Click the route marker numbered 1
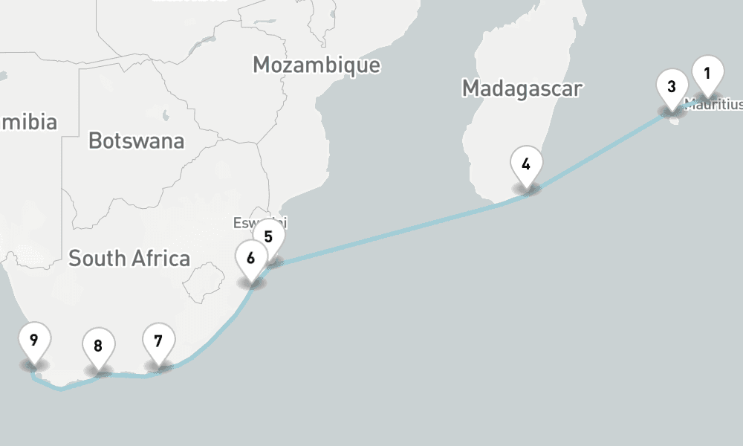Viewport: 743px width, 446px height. (707, 74)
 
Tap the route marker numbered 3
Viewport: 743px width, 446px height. (672, 87)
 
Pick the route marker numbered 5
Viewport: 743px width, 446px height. (269, 236)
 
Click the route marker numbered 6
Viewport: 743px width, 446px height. (251, 258)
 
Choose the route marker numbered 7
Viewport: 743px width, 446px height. (158, 341)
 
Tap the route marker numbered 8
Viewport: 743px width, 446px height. (98, 346)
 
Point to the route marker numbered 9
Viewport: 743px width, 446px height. (34, 340)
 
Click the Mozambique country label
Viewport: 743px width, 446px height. (316, 65)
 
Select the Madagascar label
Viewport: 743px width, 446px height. (522, 88)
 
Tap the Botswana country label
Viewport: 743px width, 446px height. (136, 140)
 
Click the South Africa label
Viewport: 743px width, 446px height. (129, 259)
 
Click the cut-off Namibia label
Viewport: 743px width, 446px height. (28, 122)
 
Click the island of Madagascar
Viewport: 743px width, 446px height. (513, 126)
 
